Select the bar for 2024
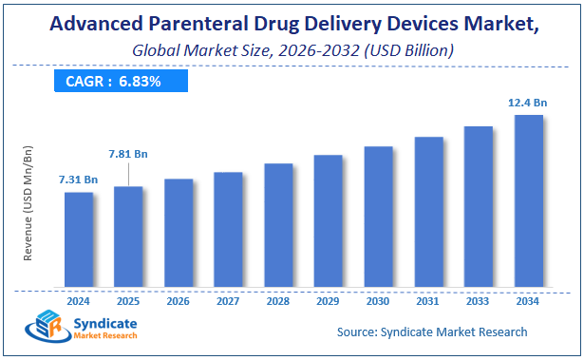coord(79,239)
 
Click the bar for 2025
coord(128,237)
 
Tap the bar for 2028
coord(278,225)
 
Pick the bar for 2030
coord(378,217)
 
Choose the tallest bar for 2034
coord(528,200)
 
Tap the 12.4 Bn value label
coord(527,103)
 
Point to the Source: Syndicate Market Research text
coord(432,332)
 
